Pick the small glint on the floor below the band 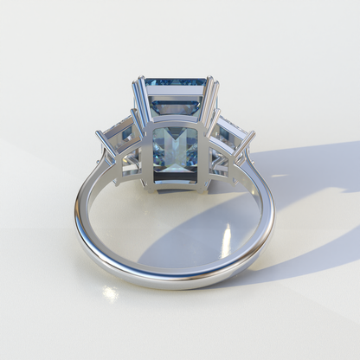[110, 293]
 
